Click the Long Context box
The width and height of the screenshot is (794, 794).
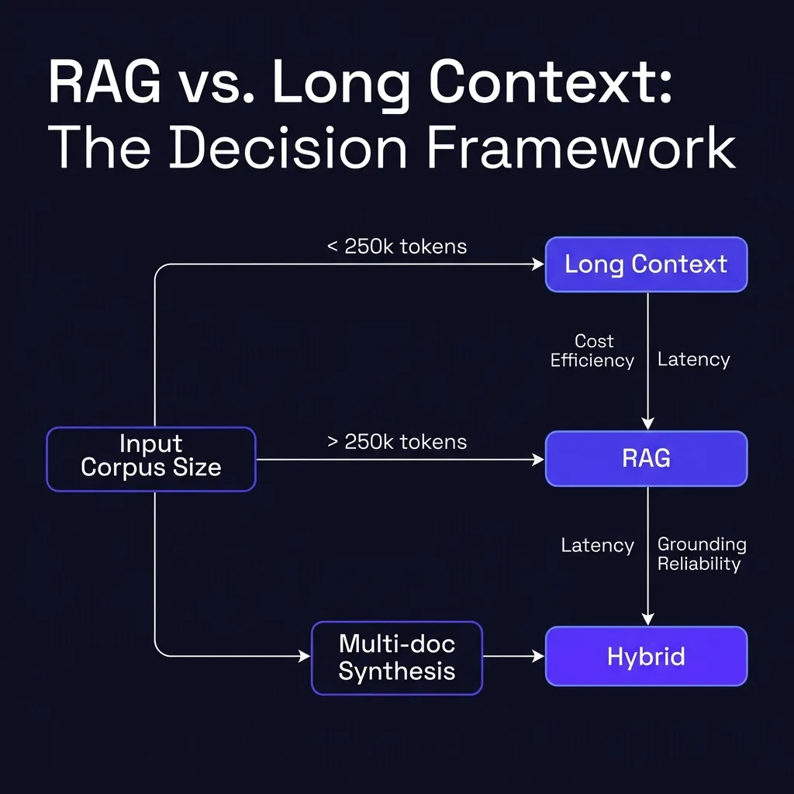tap(646, 264)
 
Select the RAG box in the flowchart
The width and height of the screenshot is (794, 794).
tap(646, 458)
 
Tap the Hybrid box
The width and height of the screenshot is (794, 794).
tap(646, 657)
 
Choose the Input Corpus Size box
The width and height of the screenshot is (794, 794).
tap(151, 459)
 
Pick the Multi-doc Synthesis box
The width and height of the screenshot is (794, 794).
tap(396, 657)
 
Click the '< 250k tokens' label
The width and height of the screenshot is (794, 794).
tap(396, 247)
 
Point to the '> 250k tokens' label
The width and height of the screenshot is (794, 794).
tap(396, 442)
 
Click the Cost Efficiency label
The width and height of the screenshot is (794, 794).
tap(593, 350)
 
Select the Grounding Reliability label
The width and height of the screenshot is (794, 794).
tap(701, 554)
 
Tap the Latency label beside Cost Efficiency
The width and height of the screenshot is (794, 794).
tap(693, 359)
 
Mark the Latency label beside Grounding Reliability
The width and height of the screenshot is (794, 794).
tap(597, 546)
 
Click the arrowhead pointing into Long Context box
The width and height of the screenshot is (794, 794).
tap(538, 265)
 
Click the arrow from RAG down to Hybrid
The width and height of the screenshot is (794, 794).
tap(647, 555)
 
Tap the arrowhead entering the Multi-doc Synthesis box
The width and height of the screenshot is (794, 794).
tap(304, 657)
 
